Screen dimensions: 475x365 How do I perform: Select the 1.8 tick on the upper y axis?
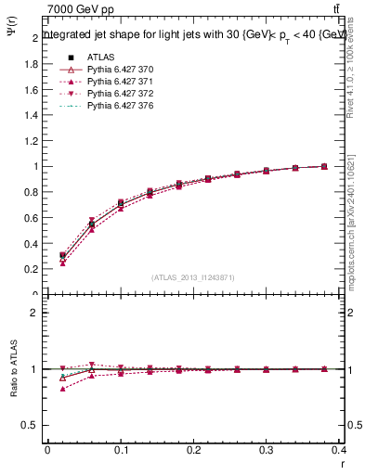tap(33, 64)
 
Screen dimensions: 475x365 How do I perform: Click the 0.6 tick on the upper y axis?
tap(33, 218)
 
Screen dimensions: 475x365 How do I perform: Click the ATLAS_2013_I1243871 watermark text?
tap(193, 277)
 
